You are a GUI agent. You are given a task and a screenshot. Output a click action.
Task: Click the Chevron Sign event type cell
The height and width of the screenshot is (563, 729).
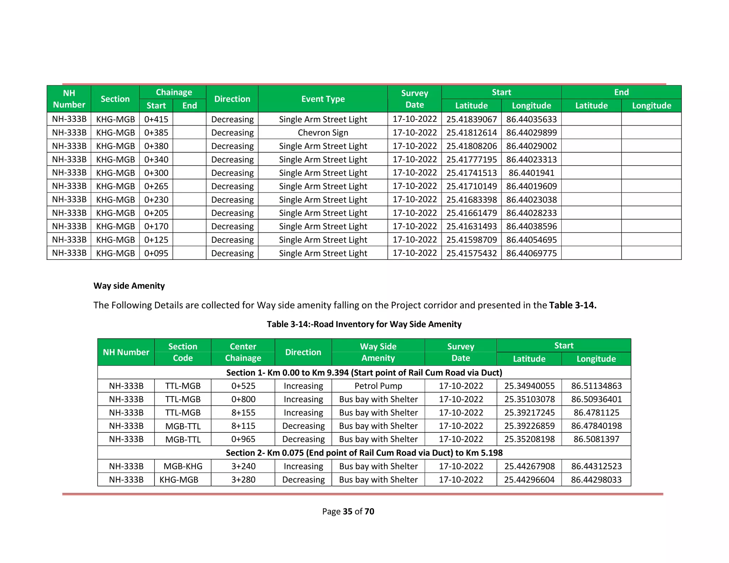(x=323, y=132)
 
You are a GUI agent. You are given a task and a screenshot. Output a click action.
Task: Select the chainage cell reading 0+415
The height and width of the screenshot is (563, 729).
(x=156, y=119)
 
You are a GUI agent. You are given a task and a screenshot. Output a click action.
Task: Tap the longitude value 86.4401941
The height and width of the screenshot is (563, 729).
(x=531, y=173)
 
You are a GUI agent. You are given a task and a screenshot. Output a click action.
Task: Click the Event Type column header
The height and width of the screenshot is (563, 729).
(x=323, y=99)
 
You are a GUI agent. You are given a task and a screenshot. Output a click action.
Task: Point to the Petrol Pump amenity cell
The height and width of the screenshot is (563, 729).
(x=378, y=386)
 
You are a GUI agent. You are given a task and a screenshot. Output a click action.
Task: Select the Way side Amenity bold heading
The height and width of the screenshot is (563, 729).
(x=129, y=286)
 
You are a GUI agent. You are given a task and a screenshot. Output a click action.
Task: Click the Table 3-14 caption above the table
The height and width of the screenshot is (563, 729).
(x=364, y=324)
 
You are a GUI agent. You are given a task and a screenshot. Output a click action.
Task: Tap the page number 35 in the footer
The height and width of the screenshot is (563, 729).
(x=347, y=511)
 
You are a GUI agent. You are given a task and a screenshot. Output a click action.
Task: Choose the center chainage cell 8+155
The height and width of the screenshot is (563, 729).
(x=243, y=412)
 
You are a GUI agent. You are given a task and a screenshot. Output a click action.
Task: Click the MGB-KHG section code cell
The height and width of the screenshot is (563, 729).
(x=183, y=466)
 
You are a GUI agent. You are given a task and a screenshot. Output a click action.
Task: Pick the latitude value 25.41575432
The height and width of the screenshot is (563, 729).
(x=471, y=253)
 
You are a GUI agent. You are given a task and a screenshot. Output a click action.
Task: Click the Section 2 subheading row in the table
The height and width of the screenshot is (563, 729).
(x=364, y=453)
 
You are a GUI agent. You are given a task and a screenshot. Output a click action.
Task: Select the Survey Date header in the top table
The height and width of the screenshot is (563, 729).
(x=414, y=99)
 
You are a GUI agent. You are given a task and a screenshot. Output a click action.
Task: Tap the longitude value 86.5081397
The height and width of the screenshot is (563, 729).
(x=596, y=439)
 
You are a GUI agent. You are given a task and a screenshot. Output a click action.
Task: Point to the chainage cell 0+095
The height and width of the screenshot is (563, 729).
(x=156, y=253)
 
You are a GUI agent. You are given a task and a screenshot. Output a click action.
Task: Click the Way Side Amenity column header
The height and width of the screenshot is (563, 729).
(x=378, y=352)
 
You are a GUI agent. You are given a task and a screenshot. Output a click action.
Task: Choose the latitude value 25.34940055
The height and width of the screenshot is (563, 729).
(x=529, y=386)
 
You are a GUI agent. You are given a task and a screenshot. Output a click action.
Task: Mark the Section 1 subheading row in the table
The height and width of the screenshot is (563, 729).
(x=364, y=373)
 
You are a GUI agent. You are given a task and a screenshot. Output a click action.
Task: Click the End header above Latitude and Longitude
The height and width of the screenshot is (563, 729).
(x=621, y=92)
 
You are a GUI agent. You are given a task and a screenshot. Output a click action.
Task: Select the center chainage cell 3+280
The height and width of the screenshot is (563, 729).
(x=243, y=480)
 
